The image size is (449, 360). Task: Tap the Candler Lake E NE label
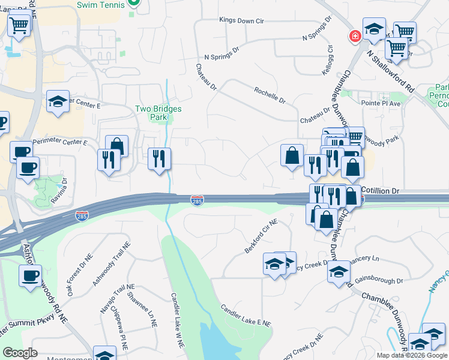click(246, 315)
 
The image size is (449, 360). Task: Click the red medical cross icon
click(355, 36)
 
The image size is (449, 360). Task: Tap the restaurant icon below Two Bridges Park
click(159, 158)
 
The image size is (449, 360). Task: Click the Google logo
click(20, 353)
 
